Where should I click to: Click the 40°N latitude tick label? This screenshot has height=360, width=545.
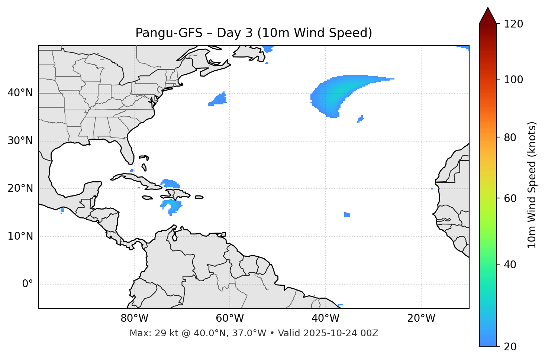pos(20,93)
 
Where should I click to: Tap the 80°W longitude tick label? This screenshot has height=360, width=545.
pos(134,318)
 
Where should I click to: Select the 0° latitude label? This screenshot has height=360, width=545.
pos(28,284)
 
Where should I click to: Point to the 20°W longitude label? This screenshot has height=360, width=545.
pos(421,318)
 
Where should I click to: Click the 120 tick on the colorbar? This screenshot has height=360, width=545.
pos(513,24)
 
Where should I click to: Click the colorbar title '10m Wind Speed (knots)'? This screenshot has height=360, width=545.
pos(532,185)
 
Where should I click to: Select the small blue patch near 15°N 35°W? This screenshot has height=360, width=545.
pos(347,215)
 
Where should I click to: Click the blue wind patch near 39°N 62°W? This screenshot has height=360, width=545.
pos(219,100)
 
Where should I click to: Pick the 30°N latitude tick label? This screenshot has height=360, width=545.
pos(20,141)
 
